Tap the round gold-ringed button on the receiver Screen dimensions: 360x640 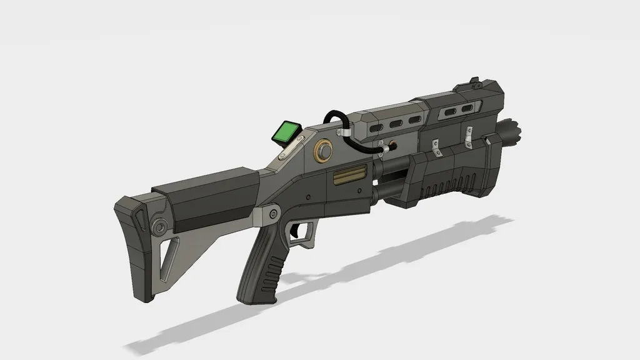coord(324,151)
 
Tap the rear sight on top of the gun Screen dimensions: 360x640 coord(474,82)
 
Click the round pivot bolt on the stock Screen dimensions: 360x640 coord(160,226)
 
